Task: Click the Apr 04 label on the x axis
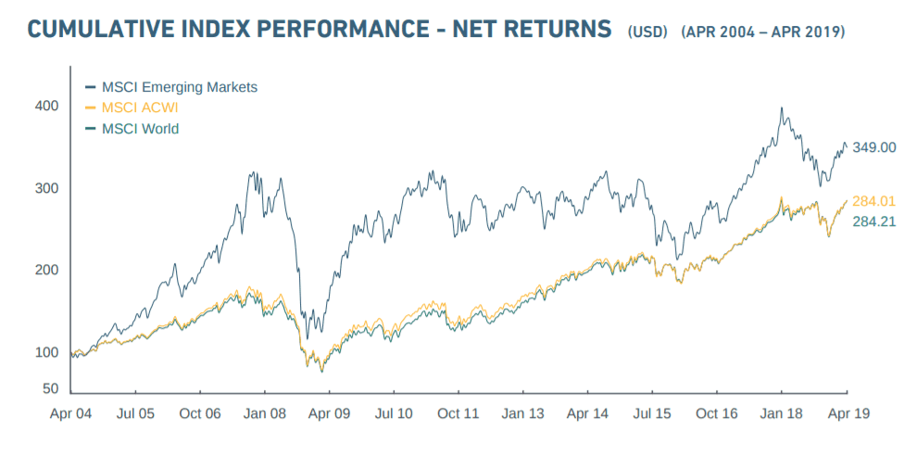point(70,413)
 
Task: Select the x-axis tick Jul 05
point(134,413)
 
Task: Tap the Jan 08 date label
point(264,413)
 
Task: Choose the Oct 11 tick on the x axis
point(458,413)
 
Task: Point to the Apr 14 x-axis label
point(587,413)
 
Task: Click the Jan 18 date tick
point(781,413)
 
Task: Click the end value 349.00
point(874,147)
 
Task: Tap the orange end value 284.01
point(874,201)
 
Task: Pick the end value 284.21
point(874,221)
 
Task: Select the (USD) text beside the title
point(647,32)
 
